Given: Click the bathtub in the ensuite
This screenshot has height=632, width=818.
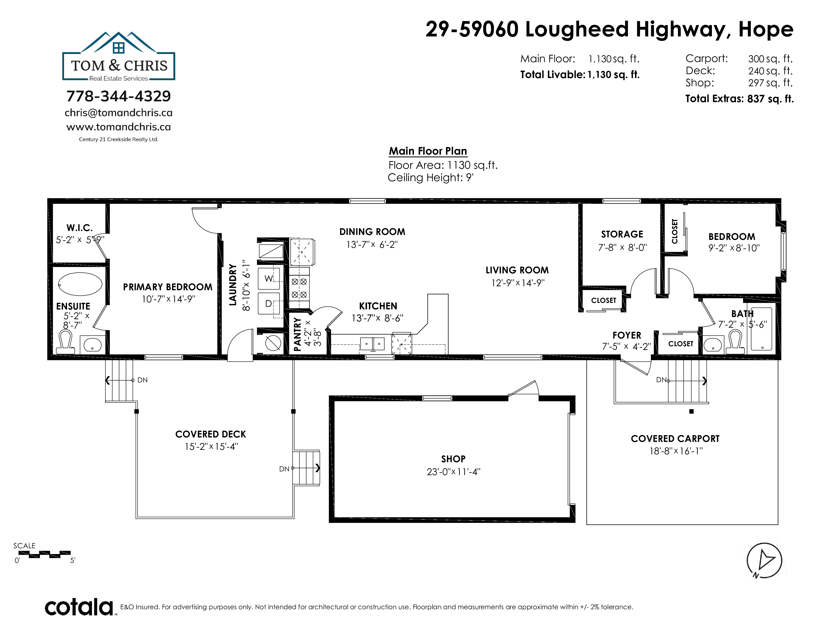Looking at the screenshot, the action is coord(80,285).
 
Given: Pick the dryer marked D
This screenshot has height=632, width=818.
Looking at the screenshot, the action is coord(268,304).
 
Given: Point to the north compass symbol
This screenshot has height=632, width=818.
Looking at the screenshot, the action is coord(764,560).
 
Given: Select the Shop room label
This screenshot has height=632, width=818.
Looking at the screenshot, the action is coord(453,459).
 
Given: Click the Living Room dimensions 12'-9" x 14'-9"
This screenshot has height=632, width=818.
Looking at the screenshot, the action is coord(518,283).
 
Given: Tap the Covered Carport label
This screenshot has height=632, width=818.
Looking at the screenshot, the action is coord(675,439).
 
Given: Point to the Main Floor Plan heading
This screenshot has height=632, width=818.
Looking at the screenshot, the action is coord(428,151).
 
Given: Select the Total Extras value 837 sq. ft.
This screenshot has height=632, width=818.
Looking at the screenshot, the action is coord(770,99).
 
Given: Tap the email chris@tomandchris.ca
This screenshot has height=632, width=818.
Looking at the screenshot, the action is coord(118,113).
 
